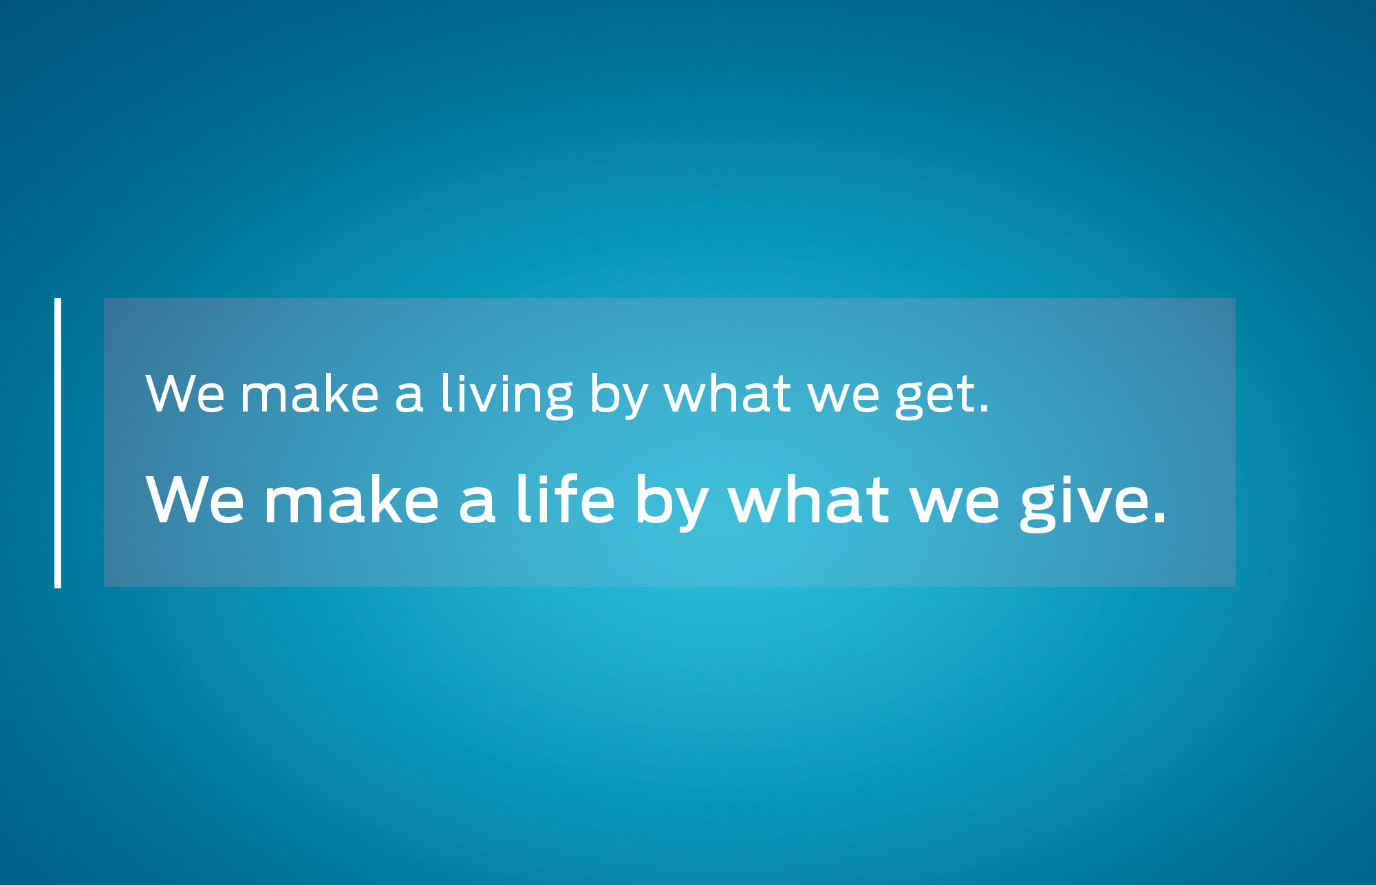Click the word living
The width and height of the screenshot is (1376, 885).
[506, 395]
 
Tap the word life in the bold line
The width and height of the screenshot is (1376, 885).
[565, 499]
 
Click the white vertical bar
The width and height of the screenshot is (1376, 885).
[58, 442]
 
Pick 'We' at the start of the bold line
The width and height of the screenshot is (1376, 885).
[195, 499]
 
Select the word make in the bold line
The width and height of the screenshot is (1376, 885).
[352, 498]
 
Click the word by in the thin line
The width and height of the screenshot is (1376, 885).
[619, 396]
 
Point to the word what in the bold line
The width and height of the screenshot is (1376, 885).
[808, 498]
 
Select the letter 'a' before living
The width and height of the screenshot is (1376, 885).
[409, 397]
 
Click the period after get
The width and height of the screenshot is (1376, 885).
[984, 409]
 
